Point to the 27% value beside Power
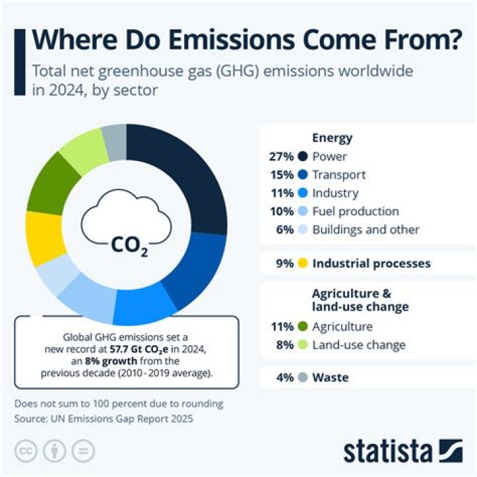click(x=281, y=157)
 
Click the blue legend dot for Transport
click(x=303, y=175)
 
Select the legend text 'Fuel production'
click(x=355, y=211)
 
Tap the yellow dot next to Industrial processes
click(x=303, y=264)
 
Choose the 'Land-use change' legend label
click(x=358, y=345)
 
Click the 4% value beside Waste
click(x=284, y=378)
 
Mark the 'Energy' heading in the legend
click(x=332, y=138)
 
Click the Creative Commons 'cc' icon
click(x=24, y=450)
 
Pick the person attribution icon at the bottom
click(x=54, y=450)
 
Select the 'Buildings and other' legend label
click(x=366, y=229)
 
